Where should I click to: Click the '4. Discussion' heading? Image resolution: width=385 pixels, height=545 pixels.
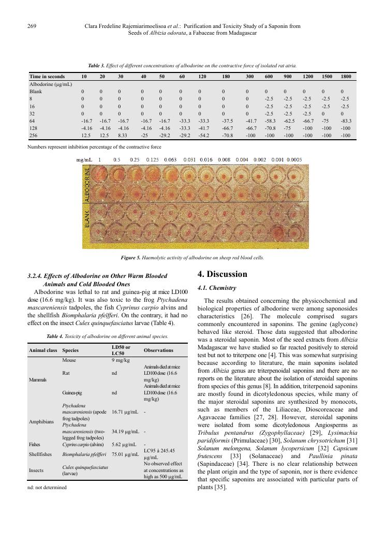pos(223,274)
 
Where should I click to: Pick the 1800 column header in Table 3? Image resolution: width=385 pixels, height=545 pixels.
pos(346,77)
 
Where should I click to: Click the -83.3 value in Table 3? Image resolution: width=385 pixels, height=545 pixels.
pos(346,121)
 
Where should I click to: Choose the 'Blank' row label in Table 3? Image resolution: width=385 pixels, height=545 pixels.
pos(36,91)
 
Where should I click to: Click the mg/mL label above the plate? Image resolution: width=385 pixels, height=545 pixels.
pos(84,160)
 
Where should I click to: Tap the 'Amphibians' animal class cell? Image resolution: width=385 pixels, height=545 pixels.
pos(41,422)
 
